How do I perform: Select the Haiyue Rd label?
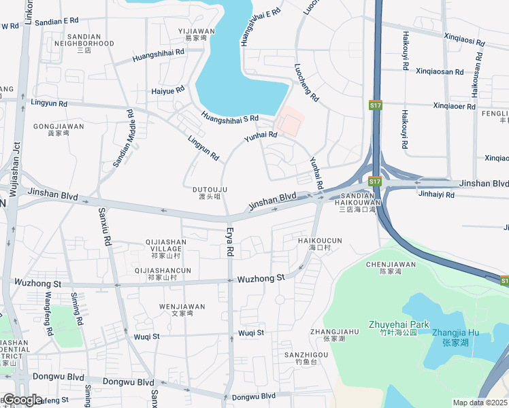coord(168,90)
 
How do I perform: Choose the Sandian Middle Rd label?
coord(124,139)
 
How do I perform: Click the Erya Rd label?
coord(230,241)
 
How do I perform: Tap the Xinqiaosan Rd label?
coord(439,71)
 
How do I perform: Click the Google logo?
coord(22,400)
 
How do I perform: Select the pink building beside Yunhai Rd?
coord(289,122)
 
